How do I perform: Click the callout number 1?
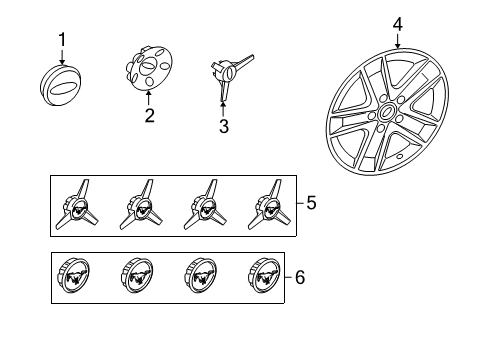pyautogui.click(x=62, y=40)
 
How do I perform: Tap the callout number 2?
pyautogui.click(x=150, y=115)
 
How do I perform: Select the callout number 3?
pyautogui.click(x=224, y=126)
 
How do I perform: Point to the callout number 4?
pyautogui.click(x=398, y=25)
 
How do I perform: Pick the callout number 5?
pyautogui.click(x=311, y=203)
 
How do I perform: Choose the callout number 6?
pyautogui.click(x=300, y=277)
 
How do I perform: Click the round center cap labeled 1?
pyautogui.click(x=60, y=85)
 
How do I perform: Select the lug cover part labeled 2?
pyautogui.click(x=149, y=68)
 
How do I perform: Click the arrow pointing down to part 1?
pyautogui.click(x=62, y=56)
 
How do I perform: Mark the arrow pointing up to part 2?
pyautogui.click(x=149, y=99)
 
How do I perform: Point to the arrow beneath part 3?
pyautogui.click(x=223, y=109)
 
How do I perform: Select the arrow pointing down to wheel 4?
pyautogui.click(x=397, y=41)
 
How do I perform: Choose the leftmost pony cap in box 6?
pyautogui.click(x=74, y=276)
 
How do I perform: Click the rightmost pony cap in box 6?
pyautogui.click(x=264, y=276)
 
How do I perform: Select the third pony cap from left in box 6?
pyautogui.click(x=201, y=276)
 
